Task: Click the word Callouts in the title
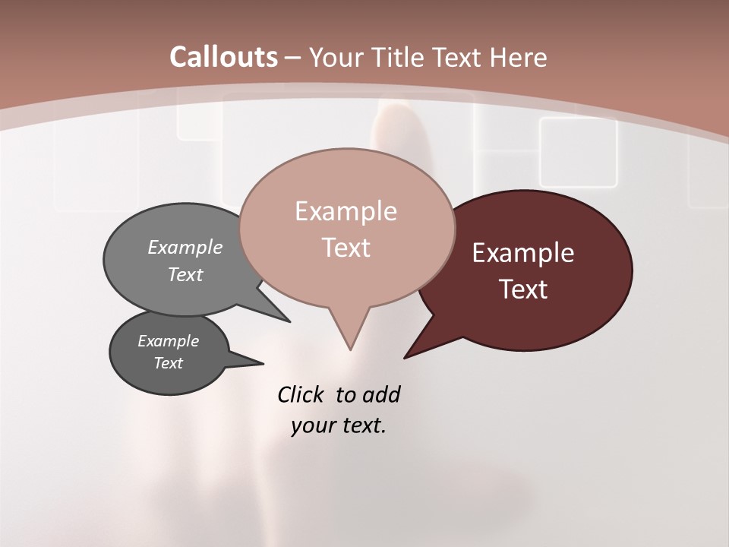coord(223,57)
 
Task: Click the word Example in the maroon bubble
coord(522,253)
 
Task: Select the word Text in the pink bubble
coord(346,248)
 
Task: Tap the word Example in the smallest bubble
coord(168,341)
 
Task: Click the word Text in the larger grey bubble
coord(185,274)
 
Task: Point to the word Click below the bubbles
coord(301,395)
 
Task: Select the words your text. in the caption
coord(339,425)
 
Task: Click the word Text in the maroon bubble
coord(524,289)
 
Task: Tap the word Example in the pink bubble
coord(346,211)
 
